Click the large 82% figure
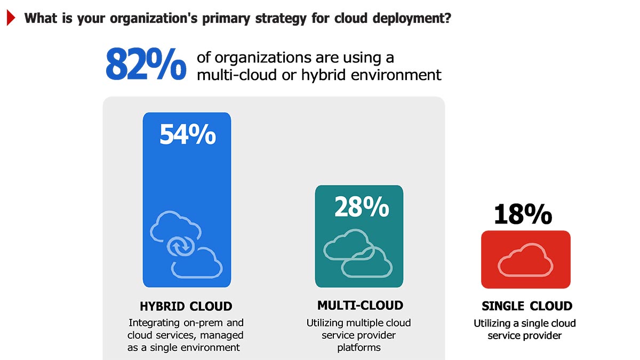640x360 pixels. click(146, 65)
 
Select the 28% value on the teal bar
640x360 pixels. click(361, 206)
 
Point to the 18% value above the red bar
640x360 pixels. click(522, 214)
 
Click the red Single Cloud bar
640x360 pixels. click(525, 259)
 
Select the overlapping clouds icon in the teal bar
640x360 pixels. click(358, 253)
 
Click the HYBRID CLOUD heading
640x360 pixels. click(186, 307)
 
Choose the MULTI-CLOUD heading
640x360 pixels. click(360, 306)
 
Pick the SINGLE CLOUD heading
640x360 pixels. click(526, 306)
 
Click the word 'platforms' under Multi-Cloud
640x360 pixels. click(359, 348)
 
